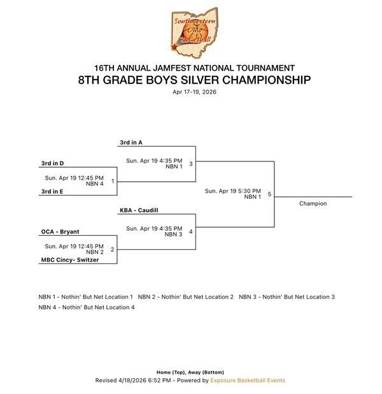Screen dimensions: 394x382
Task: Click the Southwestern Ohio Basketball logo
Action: [x=193, y=32]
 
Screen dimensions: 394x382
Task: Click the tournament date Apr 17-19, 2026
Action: [x=194, y=92]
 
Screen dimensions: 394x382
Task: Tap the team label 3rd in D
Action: [x=52, y=163]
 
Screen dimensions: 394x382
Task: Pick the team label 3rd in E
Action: [x=52, y=191]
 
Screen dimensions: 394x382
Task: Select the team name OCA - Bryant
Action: [x=60, y=231]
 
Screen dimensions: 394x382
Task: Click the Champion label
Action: [x=313, y=203]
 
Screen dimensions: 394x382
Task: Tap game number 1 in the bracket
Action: [x=112, y=181]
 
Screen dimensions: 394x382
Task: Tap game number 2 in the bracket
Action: [x=112, y=249]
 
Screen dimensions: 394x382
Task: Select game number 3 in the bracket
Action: [x=190, y=163]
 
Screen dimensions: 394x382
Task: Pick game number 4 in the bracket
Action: [x=190, y=231]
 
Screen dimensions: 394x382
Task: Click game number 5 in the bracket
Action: [x=269, y=194]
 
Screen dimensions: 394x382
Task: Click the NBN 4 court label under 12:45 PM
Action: [x=95, y=184]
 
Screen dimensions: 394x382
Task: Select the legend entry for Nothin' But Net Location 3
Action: [x=286, y=296]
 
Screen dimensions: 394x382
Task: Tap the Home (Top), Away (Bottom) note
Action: [x=190, y=372]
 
